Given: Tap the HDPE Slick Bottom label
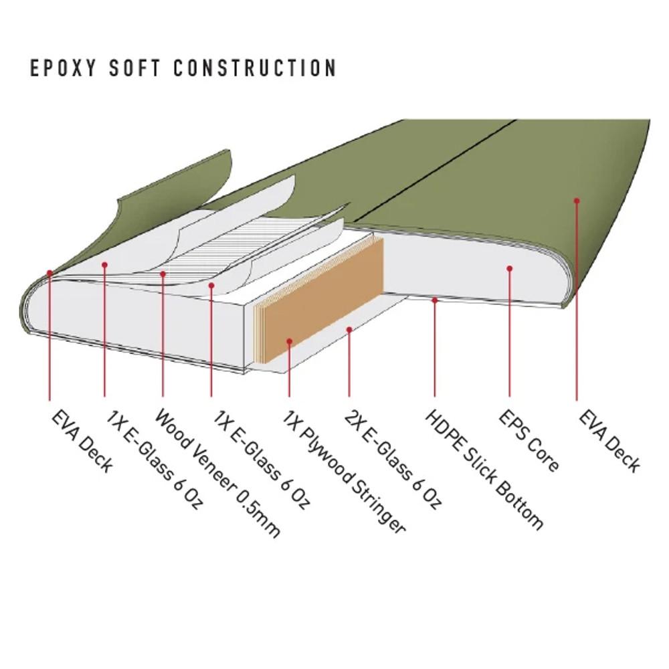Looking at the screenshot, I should click(483, 468).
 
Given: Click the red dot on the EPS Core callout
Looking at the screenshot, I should click(509, 268).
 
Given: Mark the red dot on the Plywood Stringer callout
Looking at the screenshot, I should click(289, 341).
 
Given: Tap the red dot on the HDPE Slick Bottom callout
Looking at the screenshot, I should click(434, 300).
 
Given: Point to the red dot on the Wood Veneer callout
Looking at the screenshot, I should click(163, 273).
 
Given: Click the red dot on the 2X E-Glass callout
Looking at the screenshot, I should click(349, 329).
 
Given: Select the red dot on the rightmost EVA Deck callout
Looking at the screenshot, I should click(576, 200).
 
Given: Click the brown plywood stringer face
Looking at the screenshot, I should click(321, 301).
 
